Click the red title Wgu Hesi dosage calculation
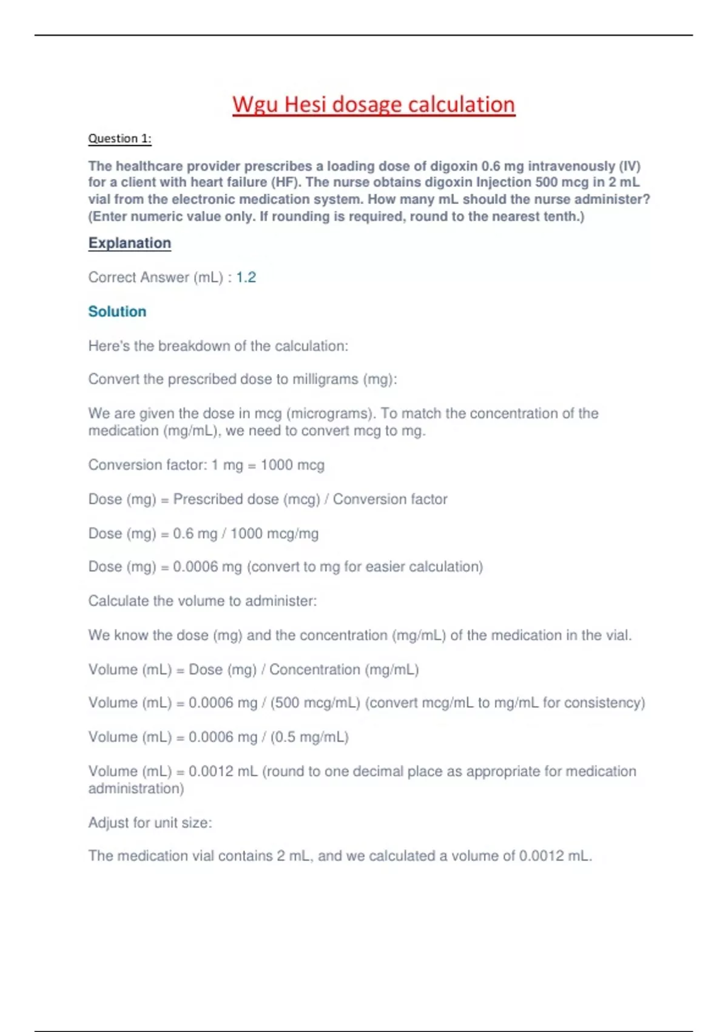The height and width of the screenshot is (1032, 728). point(374,104)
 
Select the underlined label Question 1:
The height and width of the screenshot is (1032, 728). point(120,138)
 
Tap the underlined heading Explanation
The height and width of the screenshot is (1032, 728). point(129,243)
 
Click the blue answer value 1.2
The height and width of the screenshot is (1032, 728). point(246,277)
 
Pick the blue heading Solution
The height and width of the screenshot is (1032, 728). point(117,311)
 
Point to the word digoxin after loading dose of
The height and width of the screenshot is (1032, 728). point(454,166)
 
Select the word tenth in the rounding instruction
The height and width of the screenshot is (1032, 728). point(560,216)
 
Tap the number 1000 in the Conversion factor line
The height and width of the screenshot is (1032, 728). point(277,465)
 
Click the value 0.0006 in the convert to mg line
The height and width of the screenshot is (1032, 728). point(195,567)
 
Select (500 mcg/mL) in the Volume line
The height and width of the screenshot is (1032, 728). point(315,703)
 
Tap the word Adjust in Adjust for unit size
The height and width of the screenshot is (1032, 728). point(108,823)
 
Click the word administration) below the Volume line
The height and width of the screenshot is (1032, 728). point(136,789)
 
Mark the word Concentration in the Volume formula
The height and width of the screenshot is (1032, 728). point(314,670)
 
